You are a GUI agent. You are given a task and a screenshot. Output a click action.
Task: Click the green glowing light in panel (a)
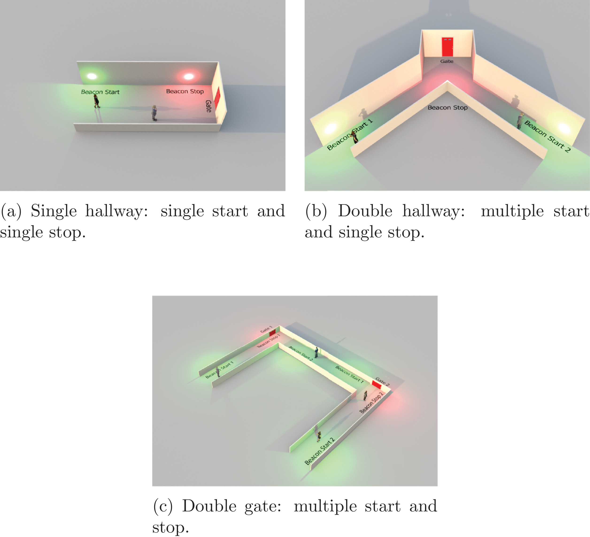(92, 76)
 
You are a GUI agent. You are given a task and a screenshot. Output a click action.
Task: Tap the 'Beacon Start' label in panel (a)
(100, 92)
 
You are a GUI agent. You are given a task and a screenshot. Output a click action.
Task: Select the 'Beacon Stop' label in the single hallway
(185, 91)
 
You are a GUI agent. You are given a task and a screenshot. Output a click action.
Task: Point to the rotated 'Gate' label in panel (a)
(208, 106)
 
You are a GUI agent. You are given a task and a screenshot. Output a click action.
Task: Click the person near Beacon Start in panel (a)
(96, 101)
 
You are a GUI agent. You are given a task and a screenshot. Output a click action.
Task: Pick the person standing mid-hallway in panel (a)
(154, 113)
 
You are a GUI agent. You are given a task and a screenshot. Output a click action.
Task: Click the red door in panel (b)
(447, 47)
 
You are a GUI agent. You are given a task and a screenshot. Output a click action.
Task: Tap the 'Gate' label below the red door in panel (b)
(447, 61)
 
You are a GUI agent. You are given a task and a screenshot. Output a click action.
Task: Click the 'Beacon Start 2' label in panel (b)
(547, 136)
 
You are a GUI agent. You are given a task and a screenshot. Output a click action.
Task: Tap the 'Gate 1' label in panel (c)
(266, 329)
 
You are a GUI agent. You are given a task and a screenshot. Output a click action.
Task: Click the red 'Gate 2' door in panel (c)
(376, 384)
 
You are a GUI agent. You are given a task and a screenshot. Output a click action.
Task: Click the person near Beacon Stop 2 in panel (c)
(365, 396)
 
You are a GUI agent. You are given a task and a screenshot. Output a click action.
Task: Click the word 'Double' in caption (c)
(209, 506)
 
